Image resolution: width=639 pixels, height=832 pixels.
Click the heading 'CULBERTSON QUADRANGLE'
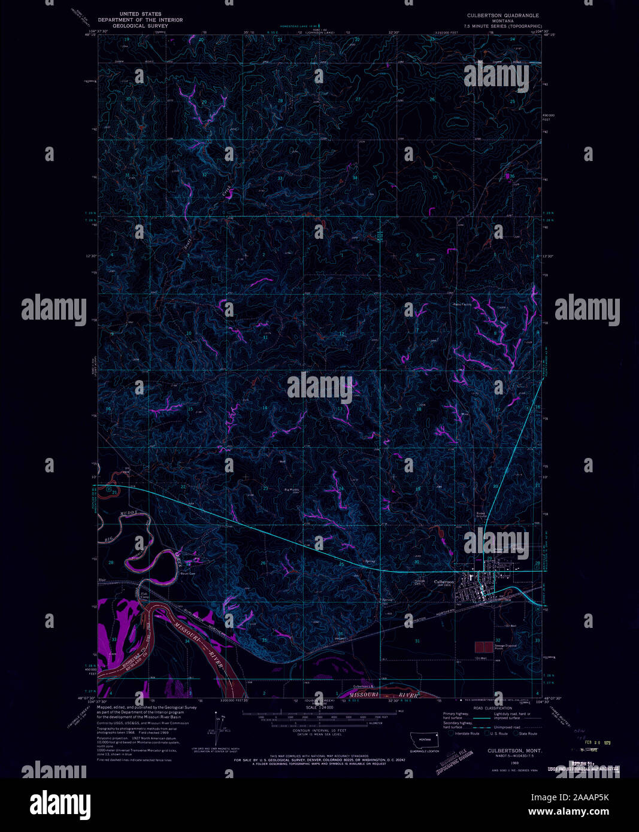coord(503,15)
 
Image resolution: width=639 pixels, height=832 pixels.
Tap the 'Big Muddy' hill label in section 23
coord(292,490)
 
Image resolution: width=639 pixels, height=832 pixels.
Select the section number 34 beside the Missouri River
coord(187,641)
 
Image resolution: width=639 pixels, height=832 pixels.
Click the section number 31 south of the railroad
coord(417,641)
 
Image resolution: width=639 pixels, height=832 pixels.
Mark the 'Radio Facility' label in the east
coord(462,305)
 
